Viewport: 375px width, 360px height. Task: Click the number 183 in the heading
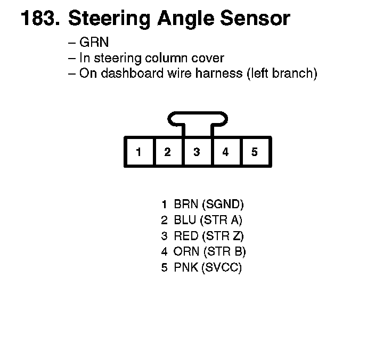point(39,19)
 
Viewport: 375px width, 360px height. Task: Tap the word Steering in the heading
point(109,19)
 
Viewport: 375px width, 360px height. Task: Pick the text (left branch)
point(282,73)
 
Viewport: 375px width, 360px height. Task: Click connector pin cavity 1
point(138,152)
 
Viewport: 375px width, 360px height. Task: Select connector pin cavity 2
point(167,152)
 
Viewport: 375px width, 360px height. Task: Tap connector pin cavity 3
point(197,152)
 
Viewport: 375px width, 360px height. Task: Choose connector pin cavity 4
point(225,152)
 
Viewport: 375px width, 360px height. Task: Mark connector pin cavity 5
point(255,152)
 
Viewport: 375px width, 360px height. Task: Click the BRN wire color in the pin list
point(186,204)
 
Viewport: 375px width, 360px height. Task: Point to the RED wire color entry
point(186,236)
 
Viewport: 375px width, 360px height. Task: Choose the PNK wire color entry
point(186,268)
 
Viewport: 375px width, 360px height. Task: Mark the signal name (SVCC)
point(222,268)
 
